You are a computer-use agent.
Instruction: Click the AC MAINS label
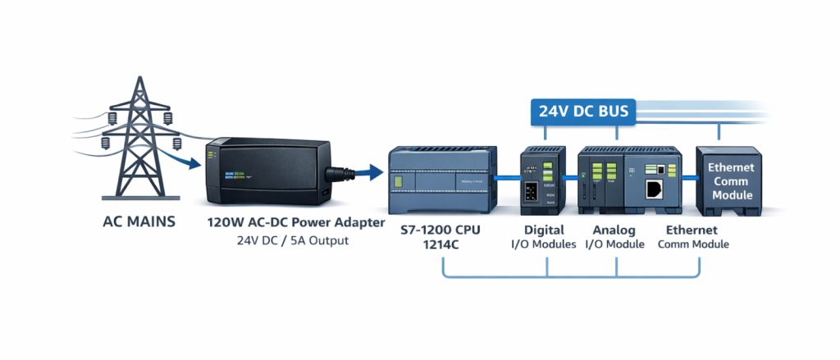[x=139, y=221]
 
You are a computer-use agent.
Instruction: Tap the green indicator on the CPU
[x=399, y=181]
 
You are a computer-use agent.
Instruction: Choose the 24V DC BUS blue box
[x=583, y=110]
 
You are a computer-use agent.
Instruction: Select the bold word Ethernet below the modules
[x=692, y=230]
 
